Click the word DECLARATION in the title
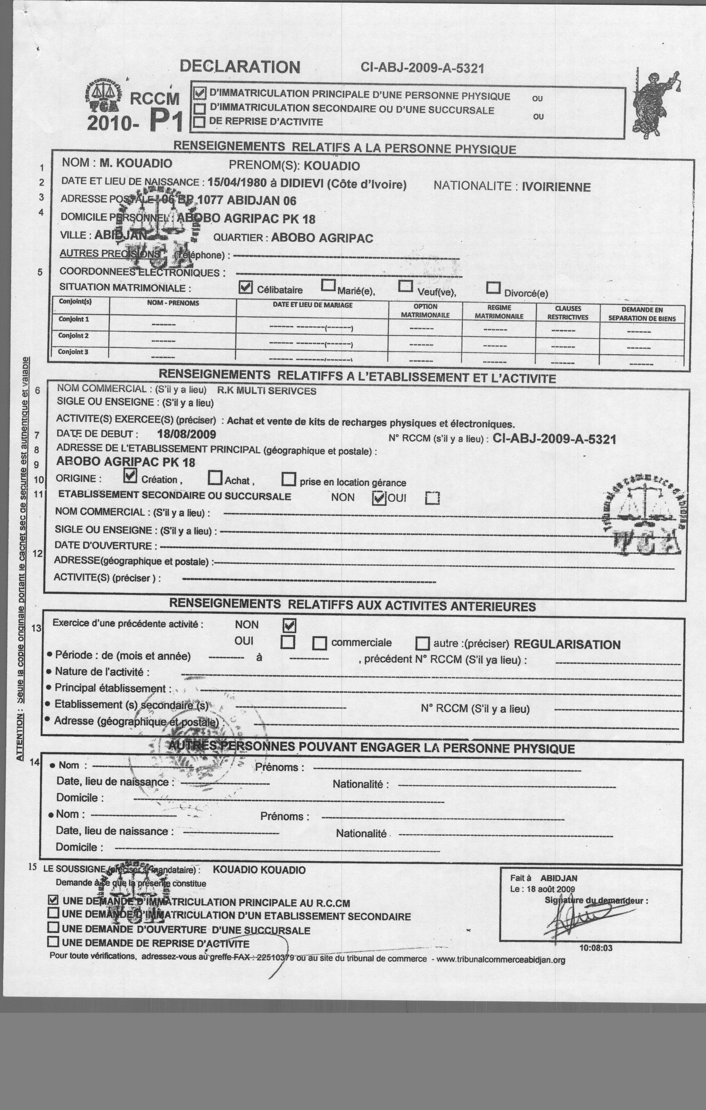[240, 67]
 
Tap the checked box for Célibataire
[246, 288]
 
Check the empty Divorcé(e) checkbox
[493, 288]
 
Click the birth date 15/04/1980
[237, 183]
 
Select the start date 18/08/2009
[186, 434]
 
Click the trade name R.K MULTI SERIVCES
[267, 391]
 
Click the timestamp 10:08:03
[596, 948]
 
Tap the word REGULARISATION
[567, 645]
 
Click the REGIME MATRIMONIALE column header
[499, 312]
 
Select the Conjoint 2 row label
[73, 336]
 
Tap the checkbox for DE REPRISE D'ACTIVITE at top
[200, 122]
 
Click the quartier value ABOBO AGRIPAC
[322, 238]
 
